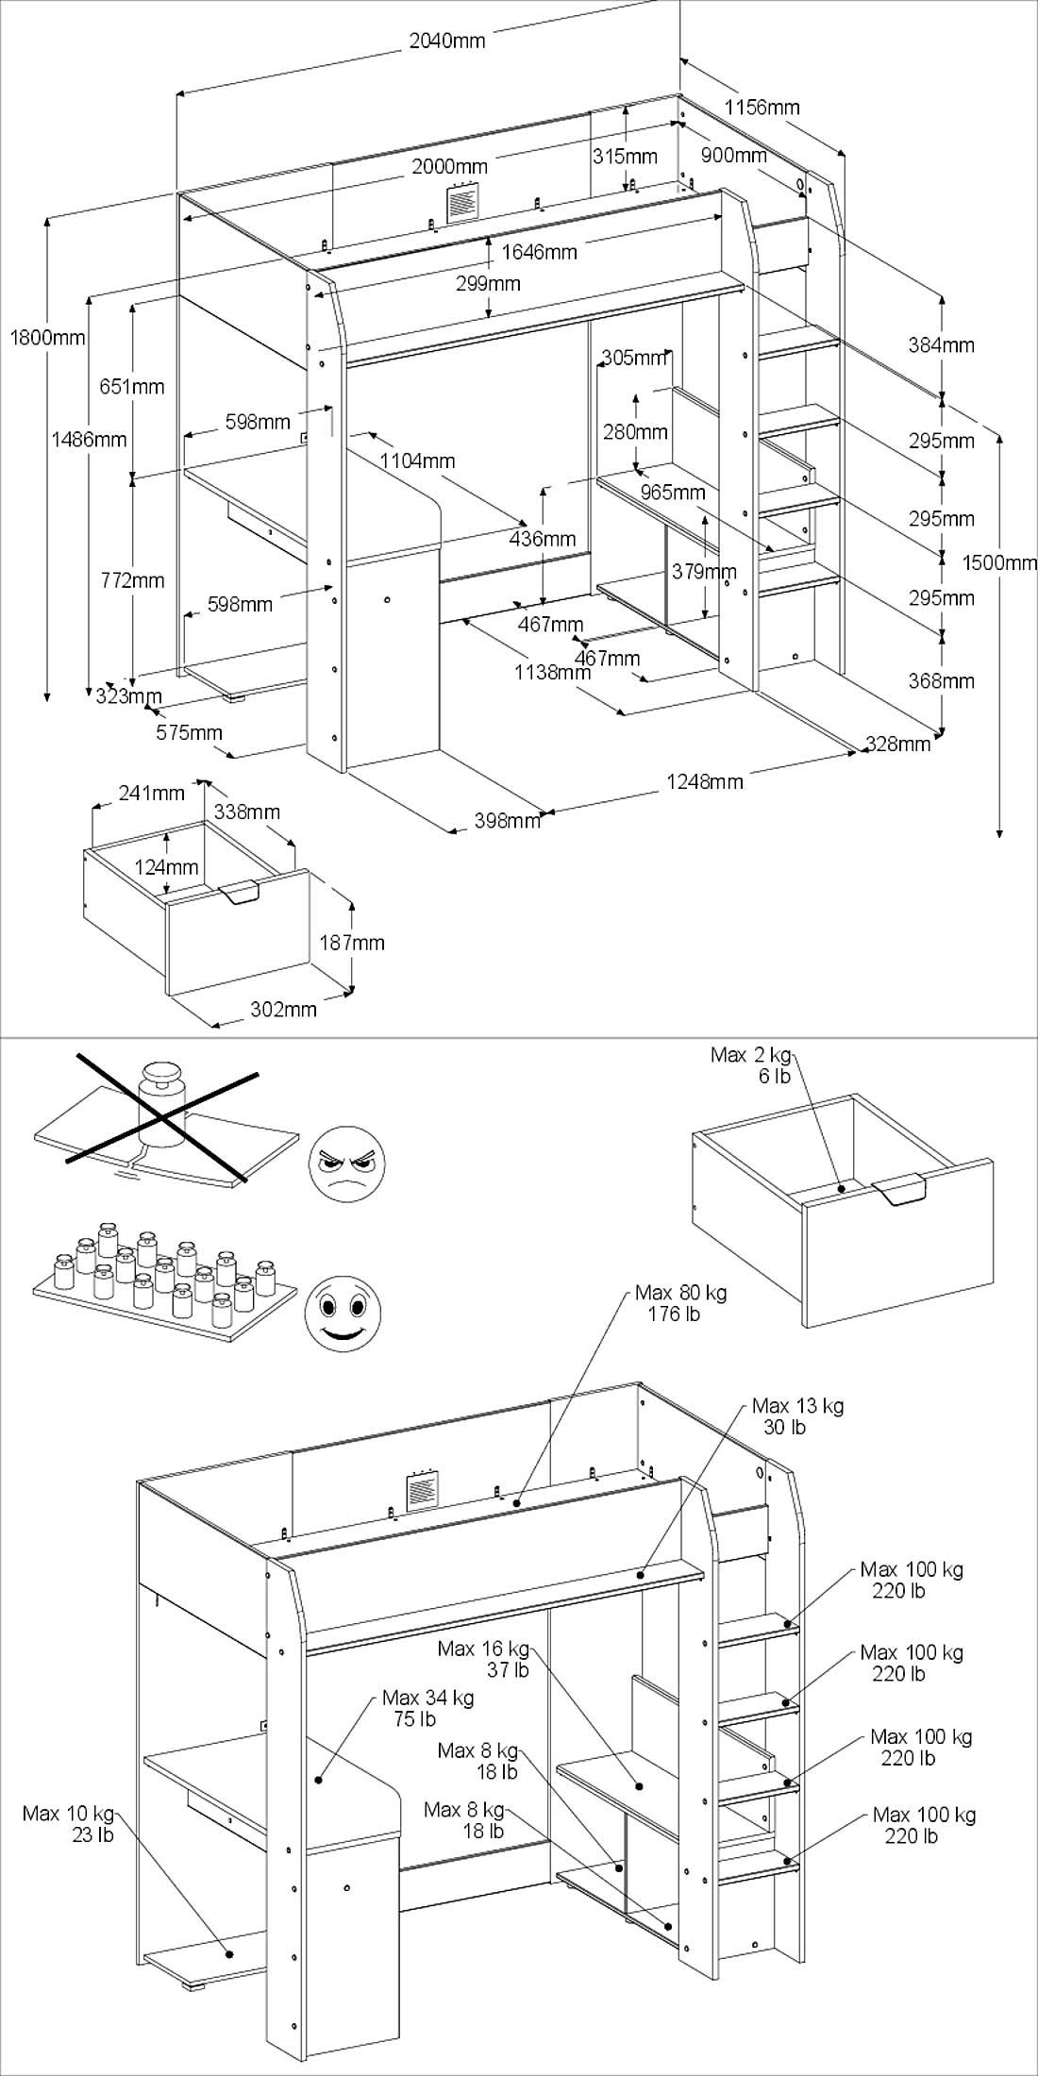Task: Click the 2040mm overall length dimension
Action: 446,41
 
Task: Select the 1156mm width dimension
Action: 762,107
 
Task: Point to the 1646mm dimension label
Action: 539,252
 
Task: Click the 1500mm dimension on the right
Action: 999,563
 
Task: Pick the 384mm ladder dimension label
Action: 941,345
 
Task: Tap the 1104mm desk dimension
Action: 417,460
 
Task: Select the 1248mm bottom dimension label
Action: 705,780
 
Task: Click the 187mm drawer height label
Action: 352,942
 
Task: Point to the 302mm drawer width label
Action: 283,1009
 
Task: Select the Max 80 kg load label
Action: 680,1303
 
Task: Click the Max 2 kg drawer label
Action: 751,1065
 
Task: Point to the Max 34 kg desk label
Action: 427,1709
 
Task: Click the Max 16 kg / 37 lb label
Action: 483,1659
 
